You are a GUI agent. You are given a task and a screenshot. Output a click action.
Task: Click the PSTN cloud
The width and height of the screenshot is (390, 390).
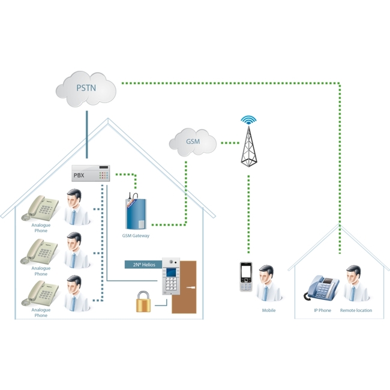point(86,89)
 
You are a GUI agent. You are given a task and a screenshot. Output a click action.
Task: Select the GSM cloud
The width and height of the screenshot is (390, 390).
point(193,142)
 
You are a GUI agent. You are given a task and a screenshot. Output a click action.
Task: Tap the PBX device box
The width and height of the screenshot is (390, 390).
point(91,173)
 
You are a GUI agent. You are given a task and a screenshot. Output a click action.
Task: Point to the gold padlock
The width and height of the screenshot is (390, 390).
point(143,302)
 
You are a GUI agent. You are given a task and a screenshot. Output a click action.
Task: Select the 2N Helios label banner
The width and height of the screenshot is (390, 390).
point(143,265)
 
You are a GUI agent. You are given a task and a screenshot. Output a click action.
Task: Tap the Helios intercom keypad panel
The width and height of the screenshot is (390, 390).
point(171,277)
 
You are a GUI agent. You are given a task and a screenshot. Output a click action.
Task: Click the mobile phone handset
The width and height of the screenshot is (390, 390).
point(246,277)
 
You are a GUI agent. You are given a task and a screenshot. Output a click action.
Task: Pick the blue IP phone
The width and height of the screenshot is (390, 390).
point(322,288)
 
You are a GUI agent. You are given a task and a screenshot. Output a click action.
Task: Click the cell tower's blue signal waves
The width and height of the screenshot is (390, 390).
point(248,119)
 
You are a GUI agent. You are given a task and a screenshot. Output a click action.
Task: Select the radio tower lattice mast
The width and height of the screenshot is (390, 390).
point(249,146)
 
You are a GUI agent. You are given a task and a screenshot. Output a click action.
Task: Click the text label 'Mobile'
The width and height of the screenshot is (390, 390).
point(269,310)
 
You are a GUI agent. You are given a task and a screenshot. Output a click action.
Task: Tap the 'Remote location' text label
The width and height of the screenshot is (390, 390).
point(356,310)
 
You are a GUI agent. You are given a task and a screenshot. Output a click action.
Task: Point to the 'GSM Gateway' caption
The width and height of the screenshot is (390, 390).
point(136,236)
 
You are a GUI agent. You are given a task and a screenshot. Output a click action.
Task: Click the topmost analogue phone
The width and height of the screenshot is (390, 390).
point(40,208)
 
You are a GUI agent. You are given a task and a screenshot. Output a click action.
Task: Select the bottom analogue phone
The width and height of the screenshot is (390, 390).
point(40,293)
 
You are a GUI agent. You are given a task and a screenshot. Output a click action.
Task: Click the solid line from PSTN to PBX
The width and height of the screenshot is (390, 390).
point(87,134)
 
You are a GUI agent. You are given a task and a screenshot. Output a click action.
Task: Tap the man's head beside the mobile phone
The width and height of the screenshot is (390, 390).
point(266,274)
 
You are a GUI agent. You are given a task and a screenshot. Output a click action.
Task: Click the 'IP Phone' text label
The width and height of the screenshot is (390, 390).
point(323,310)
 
